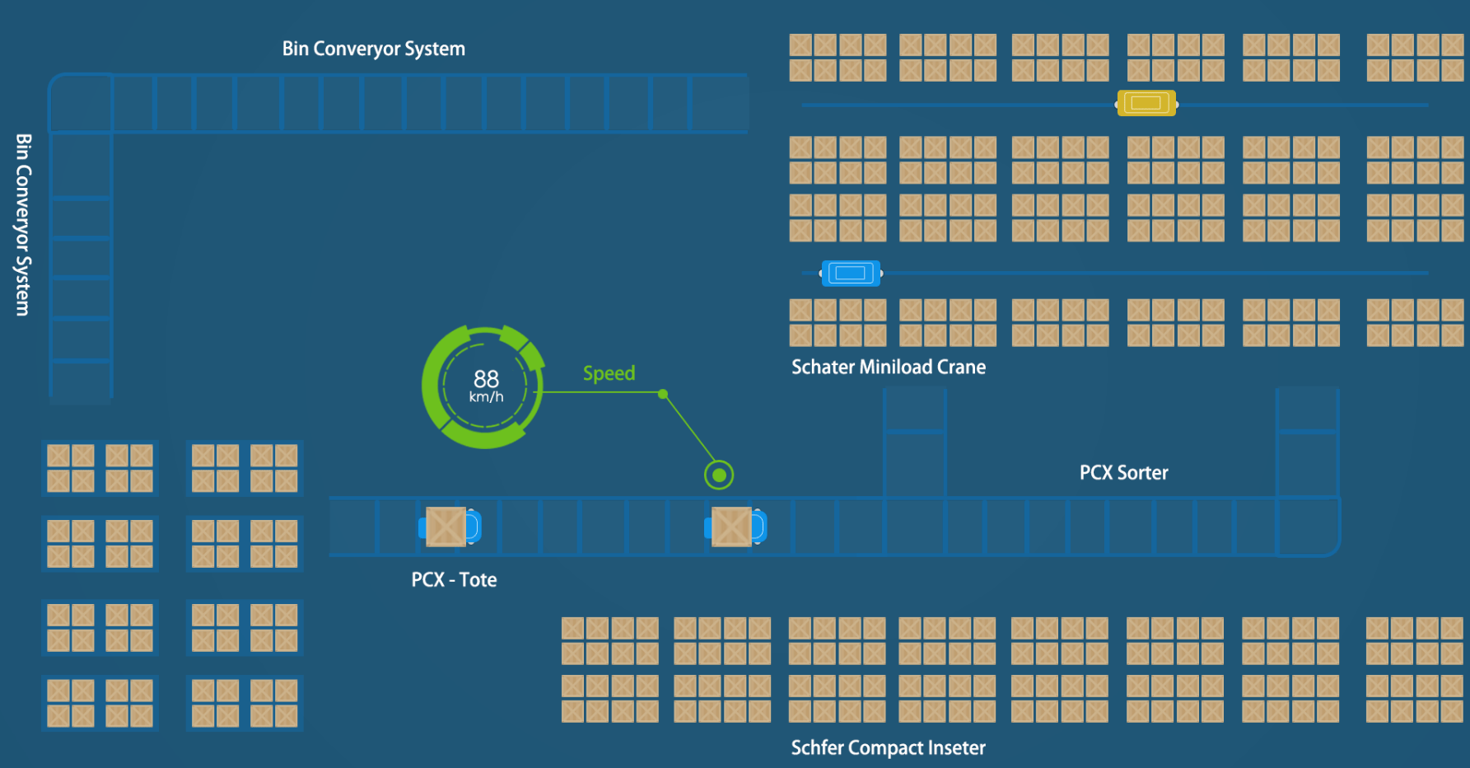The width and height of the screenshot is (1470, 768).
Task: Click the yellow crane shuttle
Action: tap(1146, 103)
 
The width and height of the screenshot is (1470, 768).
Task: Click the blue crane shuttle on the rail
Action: tap(850, 273)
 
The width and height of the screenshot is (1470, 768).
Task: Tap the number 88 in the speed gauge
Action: tap(486, 378)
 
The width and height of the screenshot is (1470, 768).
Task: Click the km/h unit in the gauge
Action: tap(486, 397)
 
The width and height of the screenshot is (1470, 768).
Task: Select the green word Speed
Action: tap(609, 373)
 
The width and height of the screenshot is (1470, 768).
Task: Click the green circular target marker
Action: tap(719, 475)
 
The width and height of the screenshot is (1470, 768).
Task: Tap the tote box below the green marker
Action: tap(731, 527)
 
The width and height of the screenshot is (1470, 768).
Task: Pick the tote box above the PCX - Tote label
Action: tap(446, 527)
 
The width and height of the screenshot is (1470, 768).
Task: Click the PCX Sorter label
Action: tap(1123, 473)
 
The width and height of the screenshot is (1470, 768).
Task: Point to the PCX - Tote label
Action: tap(454, 580)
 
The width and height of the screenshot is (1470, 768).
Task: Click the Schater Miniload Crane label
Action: tap(888, 368)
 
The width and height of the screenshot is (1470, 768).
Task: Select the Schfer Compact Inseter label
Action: tap(888, 748)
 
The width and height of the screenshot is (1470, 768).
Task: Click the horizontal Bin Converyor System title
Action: tap(373, 49)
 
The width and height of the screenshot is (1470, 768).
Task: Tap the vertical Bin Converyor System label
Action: tap(23, 224)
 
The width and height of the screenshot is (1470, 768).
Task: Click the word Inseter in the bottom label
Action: tap(956, 748)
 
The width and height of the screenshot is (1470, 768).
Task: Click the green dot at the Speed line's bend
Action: tap(663, 394)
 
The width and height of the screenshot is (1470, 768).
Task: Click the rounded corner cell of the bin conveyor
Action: tap(81, 103)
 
